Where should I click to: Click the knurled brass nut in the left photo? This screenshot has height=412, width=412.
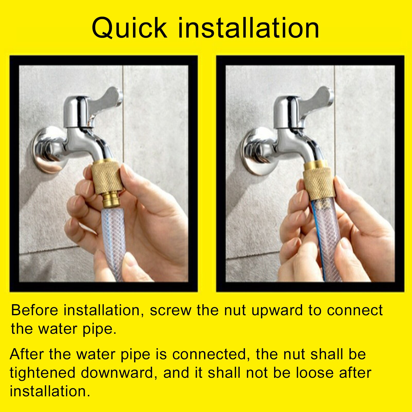click(107, 178)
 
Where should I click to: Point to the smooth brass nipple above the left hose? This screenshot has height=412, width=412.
click(112, 201)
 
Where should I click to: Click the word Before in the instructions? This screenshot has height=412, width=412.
click(34, 310)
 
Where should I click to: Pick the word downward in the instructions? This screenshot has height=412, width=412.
click(117, 373)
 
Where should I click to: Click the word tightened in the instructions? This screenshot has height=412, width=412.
click(42, 373)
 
